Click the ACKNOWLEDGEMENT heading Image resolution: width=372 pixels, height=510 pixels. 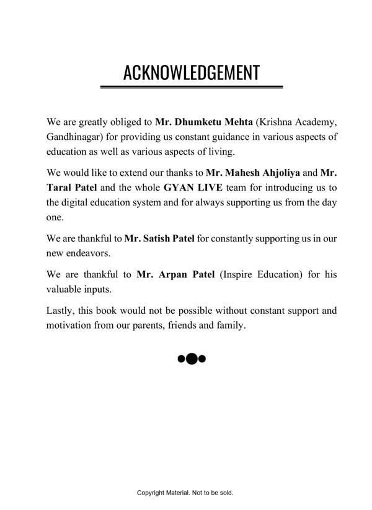click(x=191, y=72)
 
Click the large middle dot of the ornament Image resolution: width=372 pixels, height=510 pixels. click(x=192, y=358)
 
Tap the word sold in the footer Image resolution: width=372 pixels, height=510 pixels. click(x=224, y=493)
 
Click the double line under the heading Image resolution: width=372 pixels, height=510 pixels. click(x=191, y=87)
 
